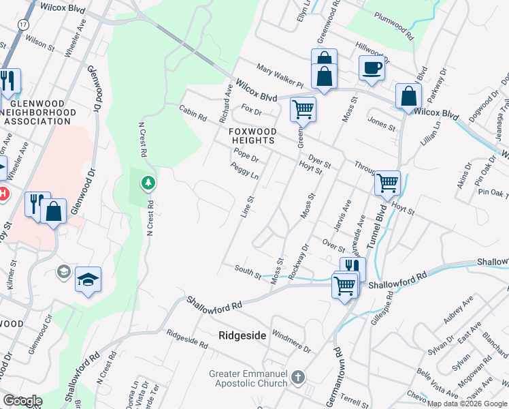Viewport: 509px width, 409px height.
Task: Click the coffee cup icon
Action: tap(372, 68)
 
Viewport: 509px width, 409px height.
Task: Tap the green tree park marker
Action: tap(148, 183)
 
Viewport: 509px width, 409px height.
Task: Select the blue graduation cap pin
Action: tap(88, 279)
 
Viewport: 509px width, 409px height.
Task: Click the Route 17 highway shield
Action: tap(24, 24)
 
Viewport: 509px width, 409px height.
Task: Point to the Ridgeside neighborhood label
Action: tap(242, 335)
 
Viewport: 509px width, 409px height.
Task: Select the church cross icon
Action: tap(297, 377)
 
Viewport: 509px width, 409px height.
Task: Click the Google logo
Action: tap(22, 401)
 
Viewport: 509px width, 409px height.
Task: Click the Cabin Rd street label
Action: tap(193, 112)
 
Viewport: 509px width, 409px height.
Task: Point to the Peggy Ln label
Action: tap(244, 171)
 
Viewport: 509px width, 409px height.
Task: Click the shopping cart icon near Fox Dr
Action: tap(302, 108)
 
